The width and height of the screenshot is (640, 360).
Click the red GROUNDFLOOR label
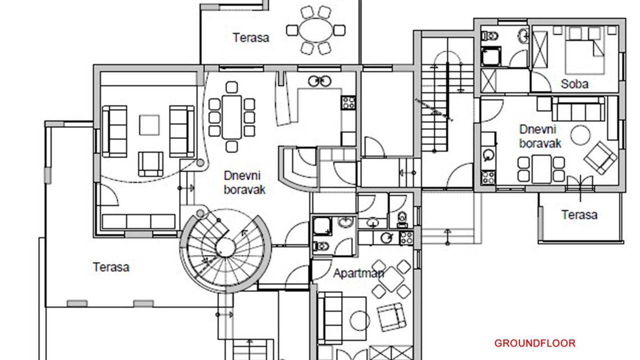534,343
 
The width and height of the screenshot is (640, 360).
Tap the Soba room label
574,84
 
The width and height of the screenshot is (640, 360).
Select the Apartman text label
358,273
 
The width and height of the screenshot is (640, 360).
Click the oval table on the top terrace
316,30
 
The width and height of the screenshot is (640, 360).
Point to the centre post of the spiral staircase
225,248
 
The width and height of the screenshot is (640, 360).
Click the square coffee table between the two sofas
149,125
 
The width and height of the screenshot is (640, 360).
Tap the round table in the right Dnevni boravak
580,135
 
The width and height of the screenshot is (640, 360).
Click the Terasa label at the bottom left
111,267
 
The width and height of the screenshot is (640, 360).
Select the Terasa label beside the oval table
251,37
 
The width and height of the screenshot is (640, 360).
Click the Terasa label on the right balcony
579,215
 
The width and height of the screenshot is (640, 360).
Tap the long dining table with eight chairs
231,117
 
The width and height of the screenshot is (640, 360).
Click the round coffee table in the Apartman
359,321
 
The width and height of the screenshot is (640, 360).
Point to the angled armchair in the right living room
600,158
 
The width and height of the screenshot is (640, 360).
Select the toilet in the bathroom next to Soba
489,36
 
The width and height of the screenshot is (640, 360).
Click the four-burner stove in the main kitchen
348,102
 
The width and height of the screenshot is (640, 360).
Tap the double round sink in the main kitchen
319,81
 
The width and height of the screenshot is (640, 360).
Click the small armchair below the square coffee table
150,164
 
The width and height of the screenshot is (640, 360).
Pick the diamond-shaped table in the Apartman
391,279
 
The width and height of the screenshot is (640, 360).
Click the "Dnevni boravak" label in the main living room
244,183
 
